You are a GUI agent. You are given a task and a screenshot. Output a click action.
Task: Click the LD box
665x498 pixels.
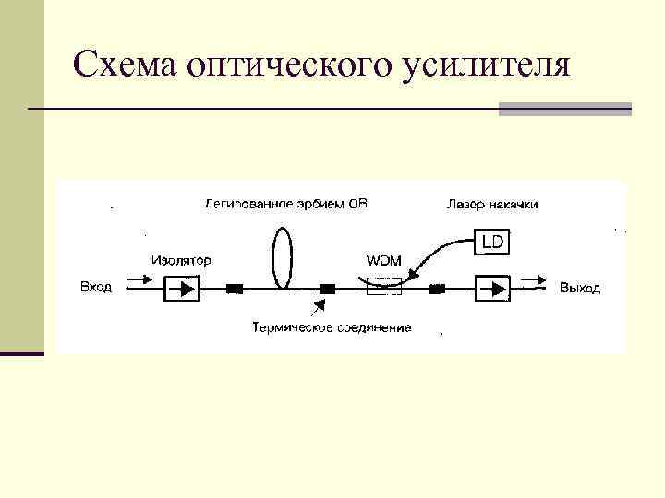pyautogui.click(x=491, y=242)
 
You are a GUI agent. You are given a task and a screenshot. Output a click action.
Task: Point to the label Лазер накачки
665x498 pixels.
pyautogui.click(x=491, y=204)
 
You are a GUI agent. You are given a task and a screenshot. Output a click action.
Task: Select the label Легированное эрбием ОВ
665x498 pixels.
pyautogui.click(x=285, y=204)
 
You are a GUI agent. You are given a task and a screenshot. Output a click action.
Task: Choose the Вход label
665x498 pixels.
pyautogui.click(x=96, y=288)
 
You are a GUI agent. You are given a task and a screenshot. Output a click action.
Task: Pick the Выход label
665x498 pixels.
pyautogui.click(x=580, y=289)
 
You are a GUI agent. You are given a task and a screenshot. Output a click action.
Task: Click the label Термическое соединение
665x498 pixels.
pyautogui.click(x=332, y=327)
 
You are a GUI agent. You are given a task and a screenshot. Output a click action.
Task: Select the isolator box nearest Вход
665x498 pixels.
pyautogui.click(x=182, y=289)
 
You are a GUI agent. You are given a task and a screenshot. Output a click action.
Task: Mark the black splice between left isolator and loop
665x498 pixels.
pyautogui.click(x=235, y=289)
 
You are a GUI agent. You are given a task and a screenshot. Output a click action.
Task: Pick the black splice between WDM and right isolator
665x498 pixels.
pyautogui.click(x=437, y=289)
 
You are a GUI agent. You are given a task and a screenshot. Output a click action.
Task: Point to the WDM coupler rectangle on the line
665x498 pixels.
pyautogui.click(x=383, y=288)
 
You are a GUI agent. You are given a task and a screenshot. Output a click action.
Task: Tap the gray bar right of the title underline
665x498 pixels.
pyautogui.click(x=564, y=109)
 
